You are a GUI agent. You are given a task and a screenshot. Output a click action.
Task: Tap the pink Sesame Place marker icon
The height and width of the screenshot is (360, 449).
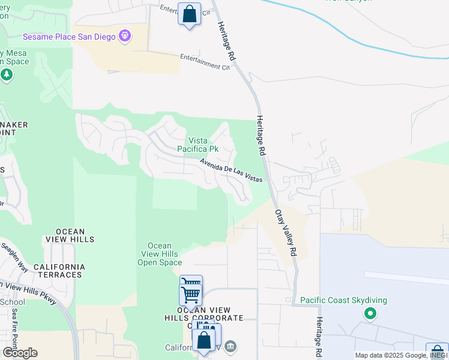click(x=125, y=36)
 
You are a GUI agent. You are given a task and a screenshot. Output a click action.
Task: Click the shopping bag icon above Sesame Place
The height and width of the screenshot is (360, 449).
click(x=189, y=14)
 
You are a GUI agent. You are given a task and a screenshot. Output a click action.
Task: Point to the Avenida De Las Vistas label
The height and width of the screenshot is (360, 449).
click(x=231, y=170)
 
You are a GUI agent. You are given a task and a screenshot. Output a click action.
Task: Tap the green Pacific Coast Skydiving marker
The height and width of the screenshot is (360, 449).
click(x=370, y=313)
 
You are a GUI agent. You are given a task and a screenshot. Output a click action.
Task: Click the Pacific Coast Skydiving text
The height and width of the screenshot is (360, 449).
click(x=343, y=300)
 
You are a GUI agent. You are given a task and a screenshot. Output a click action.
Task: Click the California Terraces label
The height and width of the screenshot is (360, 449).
click(x=58, y=271)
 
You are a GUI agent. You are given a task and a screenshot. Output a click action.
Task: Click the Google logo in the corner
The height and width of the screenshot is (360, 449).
click(x=19, y=353)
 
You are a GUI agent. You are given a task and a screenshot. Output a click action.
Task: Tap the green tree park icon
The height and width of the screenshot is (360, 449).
click(x=7, y=75)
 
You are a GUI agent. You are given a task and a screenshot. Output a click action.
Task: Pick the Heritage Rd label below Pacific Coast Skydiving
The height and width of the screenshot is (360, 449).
click(x=320, y=339)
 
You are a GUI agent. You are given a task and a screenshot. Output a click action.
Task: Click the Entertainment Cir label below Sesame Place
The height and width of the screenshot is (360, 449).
click(x=205, y=62)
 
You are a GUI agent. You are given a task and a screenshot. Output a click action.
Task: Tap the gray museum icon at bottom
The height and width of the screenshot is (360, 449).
click(x=231, y=347)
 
